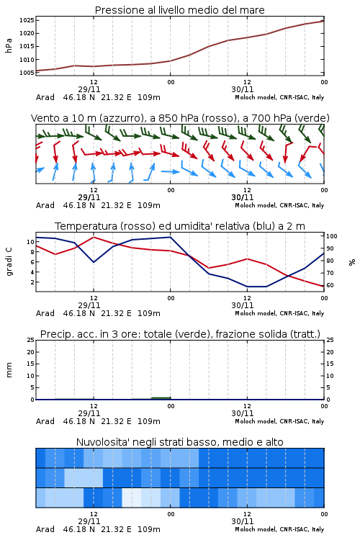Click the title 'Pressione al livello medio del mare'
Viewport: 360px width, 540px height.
pos(179,10)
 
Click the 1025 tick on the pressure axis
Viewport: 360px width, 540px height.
pos(27,20)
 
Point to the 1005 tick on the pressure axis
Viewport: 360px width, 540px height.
pos(27,73)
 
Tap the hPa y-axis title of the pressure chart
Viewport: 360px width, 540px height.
pos(9,45)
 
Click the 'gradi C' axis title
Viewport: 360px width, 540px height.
pos(9,261)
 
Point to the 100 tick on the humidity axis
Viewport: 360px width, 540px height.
pos(331,236)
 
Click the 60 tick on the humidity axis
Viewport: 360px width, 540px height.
pos(330,285)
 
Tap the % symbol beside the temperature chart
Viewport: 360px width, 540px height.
pos(352,262)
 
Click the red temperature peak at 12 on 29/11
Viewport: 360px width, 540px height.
pos(94,237)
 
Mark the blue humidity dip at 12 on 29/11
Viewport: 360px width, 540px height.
pos(94,262)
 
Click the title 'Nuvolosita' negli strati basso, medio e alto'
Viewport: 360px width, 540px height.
pos(179,442)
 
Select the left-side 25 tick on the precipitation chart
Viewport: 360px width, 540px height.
pos(31,340)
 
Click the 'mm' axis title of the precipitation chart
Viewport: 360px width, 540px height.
pos(9,369)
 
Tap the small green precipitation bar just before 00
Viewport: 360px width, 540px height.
pos(161,398)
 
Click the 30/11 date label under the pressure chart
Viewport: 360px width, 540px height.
pos(243,89)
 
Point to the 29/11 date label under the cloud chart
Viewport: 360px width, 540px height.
pos(89,521)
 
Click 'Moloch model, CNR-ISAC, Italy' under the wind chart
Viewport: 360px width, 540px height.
pos(279,205)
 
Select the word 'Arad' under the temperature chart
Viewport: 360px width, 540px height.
pos(45,313)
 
